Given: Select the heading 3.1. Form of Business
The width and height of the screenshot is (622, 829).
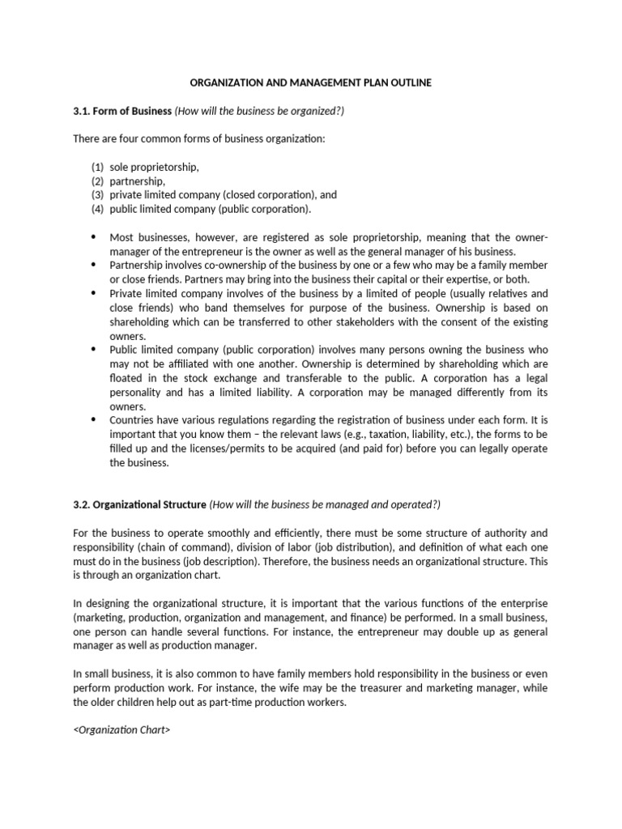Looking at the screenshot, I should pyautogui.click(x=122, y=110).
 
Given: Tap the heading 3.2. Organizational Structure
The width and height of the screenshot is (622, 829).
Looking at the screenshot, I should pyautogui.click(x=139, y=504).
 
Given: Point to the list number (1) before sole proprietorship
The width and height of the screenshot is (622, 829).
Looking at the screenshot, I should pyautogui.click(x=97, y=167).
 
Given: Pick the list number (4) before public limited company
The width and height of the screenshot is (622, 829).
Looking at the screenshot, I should pyautogui.click(x=97, y=209).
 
